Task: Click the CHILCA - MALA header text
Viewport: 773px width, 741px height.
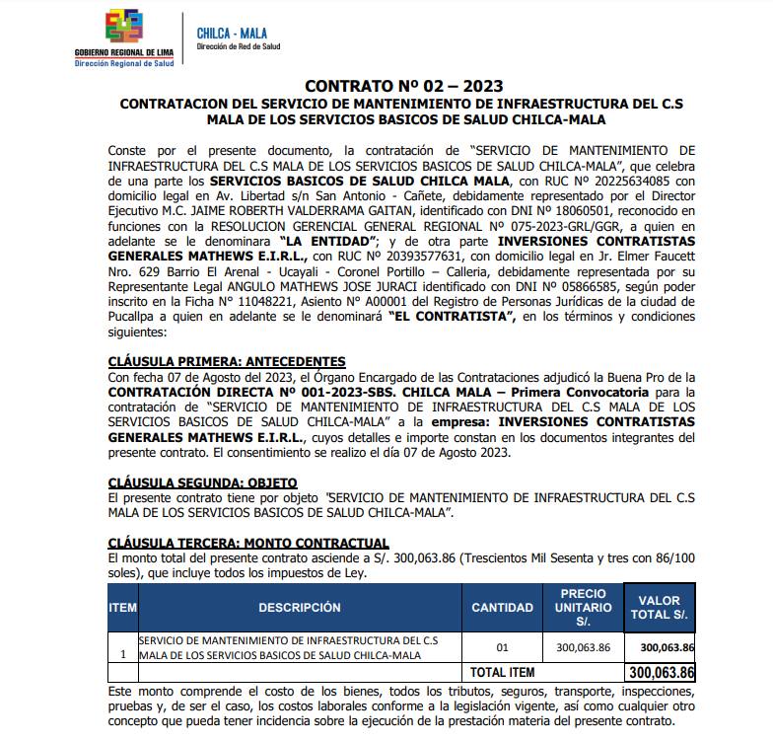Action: pyautogui.click(x=225, y=35)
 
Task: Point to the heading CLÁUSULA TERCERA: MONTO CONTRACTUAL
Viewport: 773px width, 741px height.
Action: pyautogui.click(x=248, y=544)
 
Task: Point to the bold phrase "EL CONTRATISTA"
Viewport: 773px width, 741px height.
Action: pyautogui.click(x=453, y=317)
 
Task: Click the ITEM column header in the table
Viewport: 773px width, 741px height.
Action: pyautogui.click(x=122, y=608)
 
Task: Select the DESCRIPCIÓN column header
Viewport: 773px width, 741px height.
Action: pyautogui.click(x=299, y=608)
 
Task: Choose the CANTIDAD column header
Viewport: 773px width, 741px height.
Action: pyautogui.click(x=502, y=608)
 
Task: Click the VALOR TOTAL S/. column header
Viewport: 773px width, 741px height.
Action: pyautogui.click(x=660, y=607)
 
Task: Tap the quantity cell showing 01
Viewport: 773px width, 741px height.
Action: pyautogui.click(x=502, y=648)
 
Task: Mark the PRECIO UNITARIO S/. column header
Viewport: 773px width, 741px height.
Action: pyautogui.click(x=583, y=608)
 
